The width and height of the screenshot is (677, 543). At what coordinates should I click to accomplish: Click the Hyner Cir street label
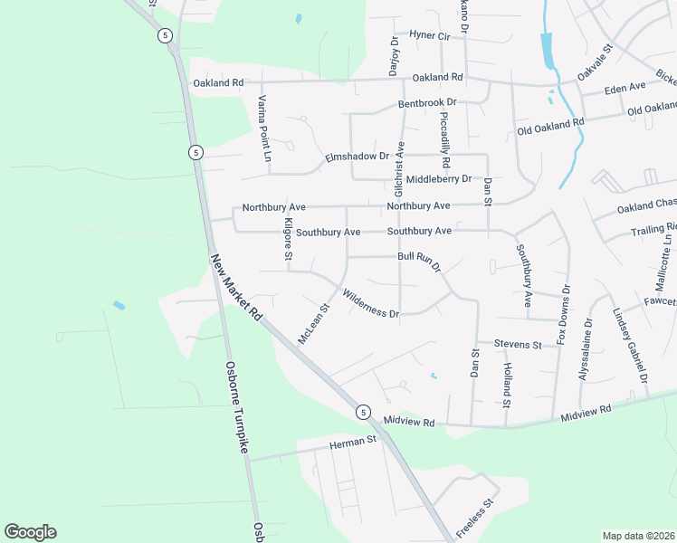430,35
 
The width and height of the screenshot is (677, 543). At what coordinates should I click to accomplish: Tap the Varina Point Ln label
263,128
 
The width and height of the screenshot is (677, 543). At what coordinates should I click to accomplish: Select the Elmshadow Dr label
357,159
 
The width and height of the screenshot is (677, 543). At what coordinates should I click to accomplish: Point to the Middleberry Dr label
438,179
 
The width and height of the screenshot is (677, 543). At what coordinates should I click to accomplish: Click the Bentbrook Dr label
427,104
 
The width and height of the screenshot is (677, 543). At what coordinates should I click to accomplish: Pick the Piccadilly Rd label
444,140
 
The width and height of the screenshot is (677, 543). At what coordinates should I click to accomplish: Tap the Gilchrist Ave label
398,168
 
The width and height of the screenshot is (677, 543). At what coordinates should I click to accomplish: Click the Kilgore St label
288,242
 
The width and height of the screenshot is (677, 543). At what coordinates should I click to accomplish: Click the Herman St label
352,441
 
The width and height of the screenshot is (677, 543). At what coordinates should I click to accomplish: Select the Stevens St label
517,345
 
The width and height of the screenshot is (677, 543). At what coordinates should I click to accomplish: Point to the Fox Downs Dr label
564,313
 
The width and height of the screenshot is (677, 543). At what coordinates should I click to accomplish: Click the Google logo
30,532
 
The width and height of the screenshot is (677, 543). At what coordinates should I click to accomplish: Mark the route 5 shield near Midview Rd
363,412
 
